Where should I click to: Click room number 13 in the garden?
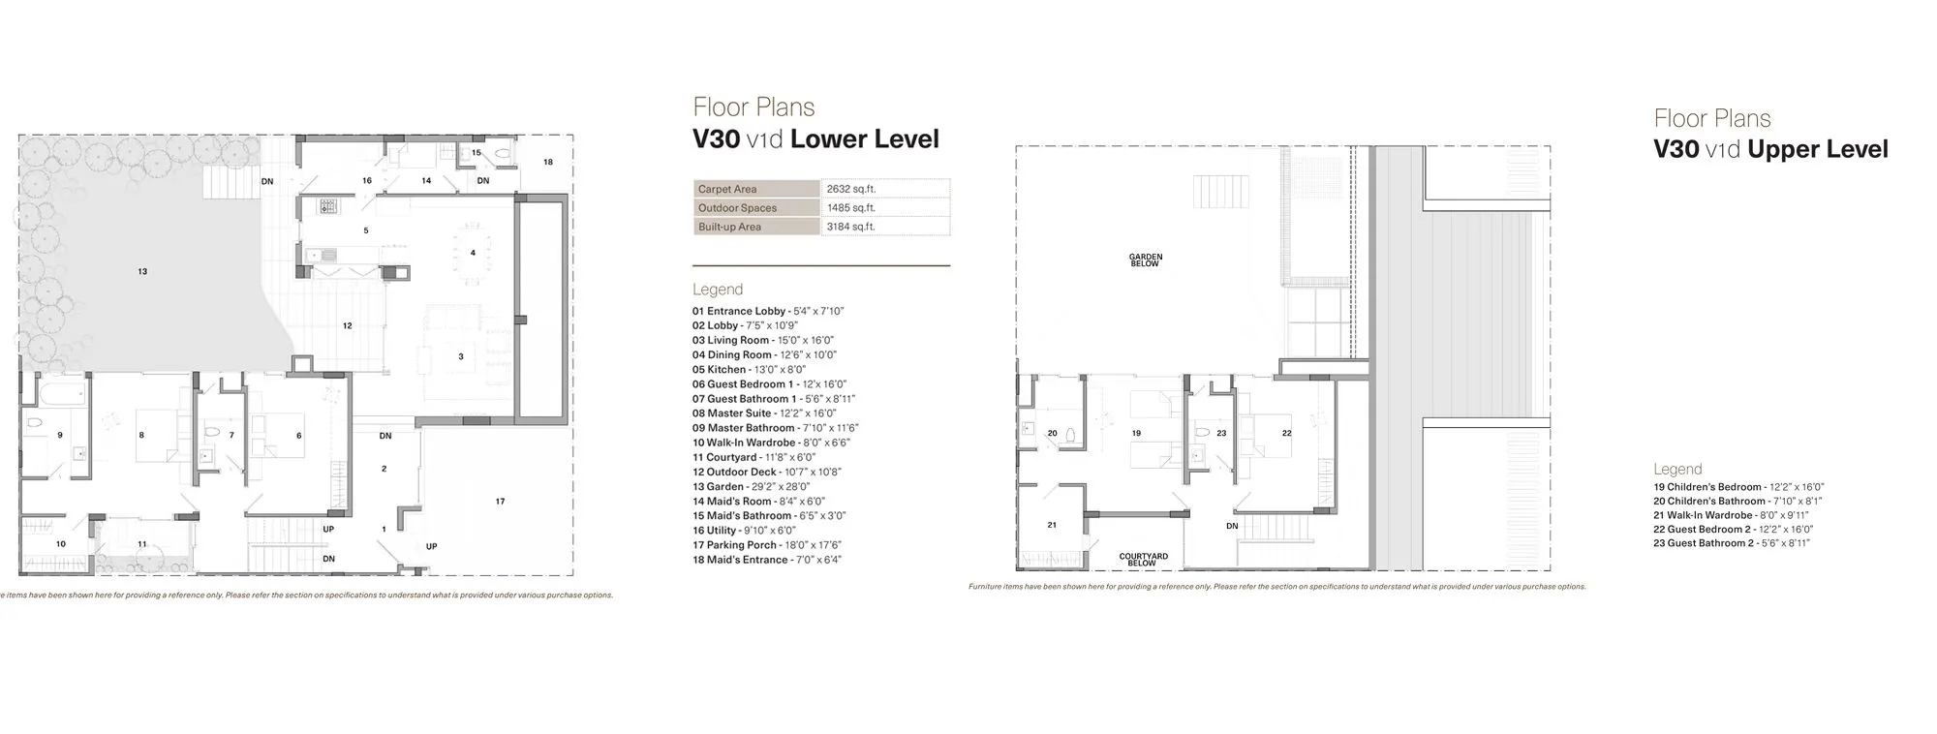point(142,272)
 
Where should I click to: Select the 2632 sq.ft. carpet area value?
point(850,189)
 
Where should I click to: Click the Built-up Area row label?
point(729,227)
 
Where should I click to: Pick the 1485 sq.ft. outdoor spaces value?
point(850,208)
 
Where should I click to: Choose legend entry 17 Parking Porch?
point(766,545)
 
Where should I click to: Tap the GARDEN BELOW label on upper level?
point(1145,260)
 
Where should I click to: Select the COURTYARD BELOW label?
point(1143,560)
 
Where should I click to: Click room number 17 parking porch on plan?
point(500,502)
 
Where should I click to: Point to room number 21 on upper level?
point(1052,525)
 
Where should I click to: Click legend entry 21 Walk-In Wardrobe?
point(1730,515)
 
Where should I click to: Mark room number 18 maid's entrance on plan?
point(547,162)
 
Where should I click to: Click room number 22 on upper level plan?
point(1286,433)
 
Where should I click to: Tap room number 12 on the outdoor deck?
point(347,326)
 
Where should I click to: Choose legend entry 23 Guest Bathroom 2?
point(1731,543)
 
